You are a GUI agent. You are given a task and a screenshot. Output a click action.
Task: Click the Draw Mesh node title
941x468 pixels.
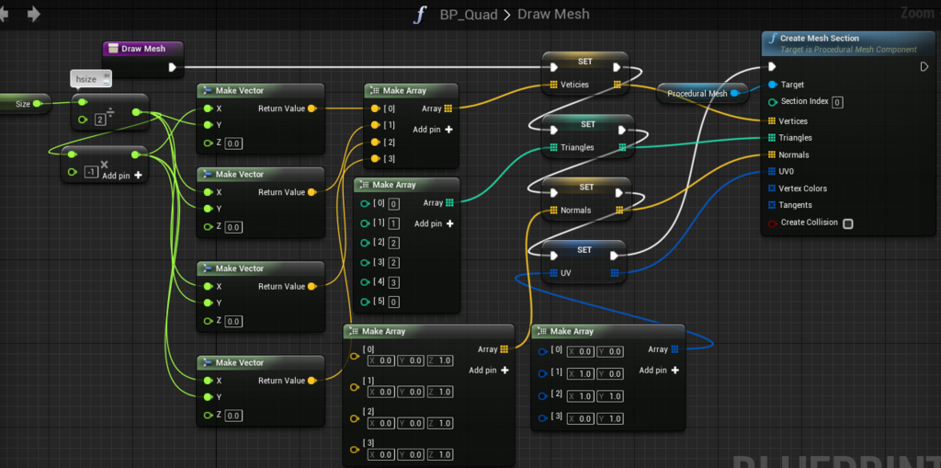click(142, 49)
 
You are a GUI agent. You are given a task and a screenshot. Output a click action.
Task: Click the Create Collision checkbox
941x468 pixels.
click(847, 223)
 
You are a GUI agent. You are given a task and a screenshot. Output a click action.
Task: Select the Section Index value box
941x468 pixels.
click(837, 102)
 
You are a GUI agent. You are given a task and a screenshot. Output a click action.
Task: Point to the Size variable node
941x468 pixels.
click(24, 104)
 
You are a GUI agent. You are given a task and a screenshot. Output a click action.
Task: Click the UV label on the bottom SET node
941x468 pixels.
click(565, 273)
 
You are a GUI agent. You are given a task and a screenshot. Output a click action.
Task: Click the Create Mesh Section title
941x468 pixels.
click(819, 39)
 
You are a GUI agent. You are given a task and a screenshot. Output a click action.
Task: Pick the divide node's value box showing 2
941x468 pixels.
click(99, 120)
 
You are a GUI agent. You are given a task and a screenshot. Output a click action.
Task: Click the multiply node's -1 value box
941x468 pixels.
click(90, 172)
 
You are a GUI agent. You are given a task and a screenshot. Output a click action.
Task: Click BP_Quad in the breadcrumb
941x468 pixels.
click(469, 15)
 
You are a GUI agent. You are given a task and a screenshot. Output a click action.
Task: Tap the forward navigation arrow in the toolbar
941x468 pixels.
click(34, 14)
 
